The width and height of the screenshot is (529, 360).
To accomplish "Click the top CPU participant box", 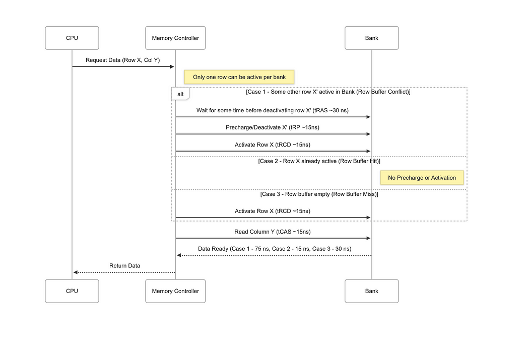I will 72,38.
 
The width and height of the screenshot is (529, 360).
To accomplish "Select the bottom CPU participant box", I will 72,291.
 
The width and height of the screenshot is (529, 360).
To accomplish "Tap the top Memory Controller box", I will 175,38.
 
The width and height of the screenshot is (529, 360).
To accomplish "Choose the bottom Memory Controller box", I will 175,291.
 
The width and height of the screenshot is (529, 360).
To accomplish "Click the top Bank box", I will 371,38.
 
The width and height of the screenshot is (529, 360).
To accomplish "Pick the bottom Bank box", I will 371,291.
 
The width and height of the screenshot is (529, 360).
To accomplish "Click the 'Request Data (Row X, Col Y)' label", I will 122,60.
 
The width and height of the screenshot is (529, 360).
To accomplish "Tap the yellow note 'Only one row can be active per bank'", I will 239,77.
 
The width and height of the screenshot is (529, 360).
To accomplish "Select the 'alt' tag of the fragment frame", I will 180,94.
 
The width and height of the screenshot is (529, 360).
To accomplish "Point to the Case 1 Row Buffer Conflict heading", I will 328,92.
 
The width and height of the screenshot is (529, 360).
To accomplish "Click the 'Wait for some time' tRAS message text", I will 273,110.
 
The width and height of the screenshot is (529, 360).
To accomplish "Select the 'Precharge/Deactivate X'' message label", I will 273,127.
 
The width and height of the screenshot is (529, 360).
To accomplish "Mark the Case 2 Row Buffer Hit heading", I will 319,162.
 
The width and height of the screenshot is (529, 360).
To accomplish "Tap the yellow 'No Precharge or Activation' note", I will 422,178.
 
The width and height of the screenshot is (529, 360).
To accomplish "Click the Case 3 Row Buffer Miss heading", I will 319,194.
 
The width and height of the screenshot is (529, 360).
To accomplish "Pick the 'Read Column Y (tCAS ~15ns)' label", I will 273,232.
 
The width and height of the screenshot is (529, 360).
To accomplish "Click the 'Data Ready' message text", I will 275,249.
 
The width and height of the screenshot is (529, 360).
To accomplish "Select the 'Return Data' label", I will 124,265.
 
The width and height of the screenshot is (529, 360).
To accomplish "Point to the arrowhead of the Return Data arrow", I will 76,272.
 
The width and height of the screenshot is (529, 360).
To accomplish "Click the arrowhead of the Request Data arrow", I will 172,66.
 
